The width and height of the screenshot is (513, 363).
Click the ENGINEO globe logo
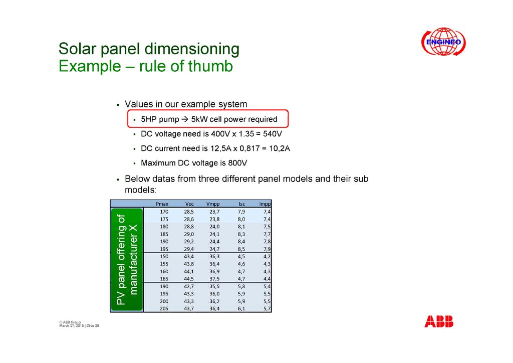click(x=443, y=42)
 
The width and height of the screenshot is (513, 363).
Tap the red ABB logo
click(x=439, y=321)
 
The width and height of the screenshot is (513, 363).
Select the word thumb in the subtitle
click(x=210, y=66)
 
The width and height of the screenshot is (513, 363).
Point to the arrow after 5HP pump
click(x=185, y=119)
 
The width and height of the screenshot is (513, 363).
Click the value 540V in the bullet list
click(x=272, y=134)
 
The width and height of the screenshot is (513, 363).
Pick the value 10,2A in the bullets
click(x=280, y=148)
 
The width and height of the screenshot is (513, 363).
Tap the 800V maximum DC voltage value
click(x=237, y=163)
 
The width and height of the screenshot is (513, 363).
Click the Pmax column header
click(x=162, y=204)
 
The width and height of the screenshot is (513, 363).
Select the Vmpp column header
click(x=213, y=204)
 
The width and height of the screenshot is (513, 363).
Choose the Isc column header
click(x=242, y=204)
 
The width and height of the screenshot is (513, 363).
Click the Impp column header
click(x=265, y=204)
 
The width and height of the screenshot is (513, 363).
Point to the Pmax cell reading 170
click(x=164, y=212)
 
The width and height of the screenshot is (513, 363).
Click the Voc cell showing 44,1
click(x=189, y=271)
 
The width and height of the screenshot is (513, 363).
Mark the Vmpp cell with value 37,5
click(x=214, y=279)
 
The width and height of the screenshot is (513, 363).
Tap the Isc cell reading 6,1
click(x=241, y=309)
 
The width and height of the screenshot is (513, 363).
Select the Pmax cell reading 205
click(x=164, y=309)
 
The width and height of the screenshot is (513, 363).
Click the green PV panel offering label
click(x=127, y=260)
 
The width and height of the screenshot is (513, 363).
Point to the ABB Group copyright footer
click(x=79, y=324)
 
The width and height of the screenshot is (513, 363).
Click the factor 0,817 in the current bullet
click(x=249, y=148)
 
